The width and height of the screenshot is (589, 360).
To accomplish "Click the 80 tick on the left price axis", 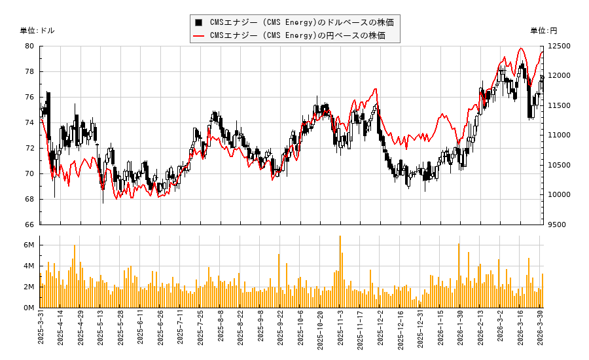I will pos(30,46).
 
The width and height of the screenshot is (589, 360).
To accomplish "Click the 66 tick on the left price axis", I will pos(30,225).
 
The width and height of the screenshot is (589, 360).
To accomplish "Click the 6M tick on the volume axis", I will pos(29,245).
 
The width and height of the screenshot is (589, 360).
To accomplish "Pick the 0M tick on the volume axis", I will pos(29,308).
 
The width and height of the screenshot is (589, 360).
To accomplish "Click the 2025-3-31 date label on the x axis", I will pos(41,331).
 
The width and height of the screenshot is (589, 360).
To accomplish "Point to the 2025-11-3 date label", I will pos(341,331).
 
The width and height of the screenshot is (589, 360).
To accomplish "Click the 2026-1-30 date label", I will pos(461,331).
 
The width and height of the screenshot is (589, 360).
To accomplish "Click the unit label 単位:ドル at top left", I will pos(37,31).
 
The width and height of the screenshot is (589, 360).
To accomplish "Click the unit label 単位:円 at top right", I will pos(543,31).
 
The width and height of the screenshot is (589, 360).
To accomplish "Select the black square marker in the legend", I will pos(199,22).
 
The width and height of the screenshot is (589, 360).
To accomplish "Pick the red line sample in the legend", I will pos(199,35).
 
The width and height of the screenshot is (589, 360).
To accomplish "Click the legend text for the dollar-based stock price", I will pos(302,22).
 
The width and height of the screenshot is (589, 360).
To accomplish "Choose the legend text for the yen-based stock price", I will pos(302,35).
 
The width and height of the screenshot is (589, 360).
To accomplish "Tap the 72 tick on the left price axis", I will pos(30,148).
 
